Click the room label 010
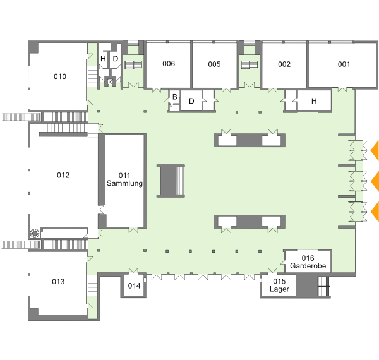click(60, 76)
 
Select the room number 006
click(169, 64)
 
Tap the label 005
click(214, 64)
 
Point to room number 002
click(284, 64)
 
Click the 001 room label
click(344, 64)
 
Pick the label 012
click(63, 175)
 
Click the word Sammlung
click(124, 183)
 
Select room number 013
click(58, 282)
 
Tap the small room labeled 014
click(134, 286)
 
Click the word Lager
click(279, 289)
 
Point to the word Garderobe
click(308, 266)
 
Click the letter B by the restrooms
click(175, 97)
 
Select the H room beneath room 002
click(314, 101)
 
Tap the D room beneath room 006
click(191, 101)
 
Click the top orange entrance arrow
click(375, 150)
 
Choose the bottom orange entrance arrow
click(375, 212)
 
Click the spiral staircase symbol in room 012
click(35, 234)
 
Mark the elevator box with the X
click(110, 82)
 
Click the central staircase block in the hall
click(171, 181)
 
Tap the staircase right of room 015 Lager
click(324, 286)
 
